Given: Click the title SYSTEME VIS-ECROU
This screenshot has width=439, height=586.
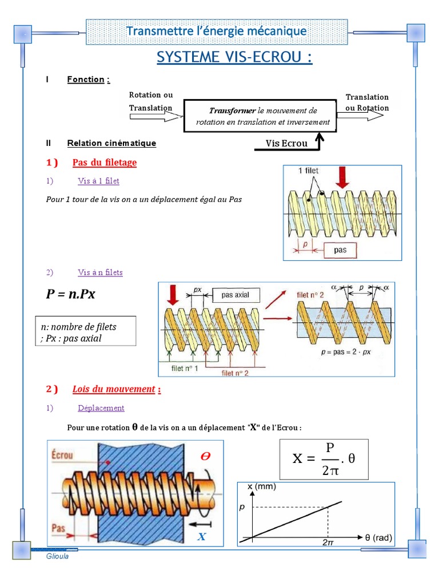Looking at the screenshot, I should (x=234, y=57).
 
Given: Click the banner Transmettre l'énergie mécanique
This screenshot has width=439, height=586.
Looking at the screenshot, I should (x=216, y=31).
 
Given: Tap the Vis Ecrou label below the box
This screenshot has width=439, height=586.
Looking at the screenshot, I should (x=286, y=143).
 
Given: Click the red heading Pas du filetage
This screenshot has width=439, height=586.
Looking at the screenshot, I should (x=105, y=163).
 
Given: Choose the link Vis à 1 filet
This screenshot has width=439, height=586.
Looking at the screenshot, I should (x=98, y=181).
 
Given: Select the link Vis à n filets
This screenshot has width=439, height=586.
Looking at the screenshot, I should (x=100, y=272).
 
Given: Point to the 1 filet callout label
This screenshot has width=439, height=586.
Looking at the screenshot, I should (x=309, y=171).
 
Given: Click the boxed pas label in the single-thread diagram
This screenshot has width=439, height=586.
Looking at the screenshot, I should (x=340, y=250).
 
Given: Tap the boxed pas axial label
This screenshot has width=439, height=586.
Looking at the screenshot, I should (x=236, y=295).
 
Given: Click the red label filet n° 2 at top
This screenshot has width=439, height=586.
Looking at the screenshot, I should (x=310, y=295).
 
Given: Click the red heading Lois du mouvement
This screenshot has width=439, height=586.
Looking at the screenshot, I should (x=114, y=389).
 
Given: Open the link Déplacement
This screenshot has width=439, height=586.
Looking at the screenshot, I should (x=101, y=408).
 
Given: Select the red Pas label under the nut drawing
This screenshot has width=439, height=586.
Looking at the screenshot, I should (x=58, y=527).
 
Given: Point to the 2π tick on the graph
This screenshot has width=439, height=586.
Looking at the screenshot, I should (x=328, y=541).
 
